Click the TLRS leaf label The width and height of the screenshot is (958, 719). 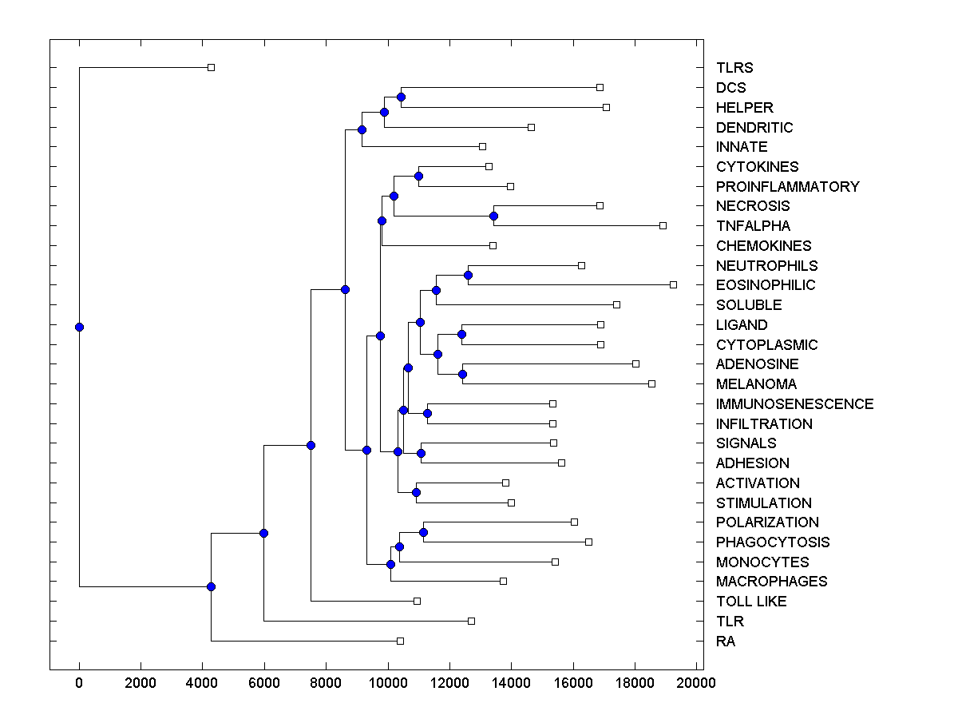coord(734,68)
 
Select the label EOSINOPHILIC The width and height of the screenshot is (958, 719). coord(766,285)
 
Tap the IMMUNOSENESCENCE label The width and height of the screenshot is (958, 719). coord(794,404)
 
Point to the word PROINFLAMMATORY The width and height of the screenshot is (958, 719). coord(787,187)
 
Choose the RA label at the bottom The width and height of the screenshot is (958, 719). coord(725,642)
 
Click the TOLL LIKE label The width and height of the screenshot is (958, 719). coord(751,602)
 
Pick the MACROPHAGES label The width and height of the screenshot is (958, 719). coord(771,582)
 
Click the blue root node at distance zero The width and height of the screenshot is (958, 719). coord(79,327)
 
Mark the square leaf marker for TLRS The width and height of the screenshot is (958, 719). coord(211,67)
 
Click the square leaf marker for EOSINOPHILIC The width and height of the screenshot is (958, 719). coord(673,284)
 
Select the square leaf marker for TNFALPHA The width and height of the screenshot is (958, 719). coord(663,225)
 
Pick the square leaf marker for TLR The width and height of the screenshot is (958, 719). coord(471,621)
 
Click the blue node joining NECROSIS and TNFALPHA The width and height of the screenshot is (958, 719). coord(493,216)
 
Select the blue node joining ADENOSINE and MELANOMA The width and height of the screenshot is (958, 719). coord(462,374)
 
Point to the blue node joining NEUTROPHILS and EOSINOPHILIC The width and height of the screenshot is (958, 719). coord(468,275)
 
